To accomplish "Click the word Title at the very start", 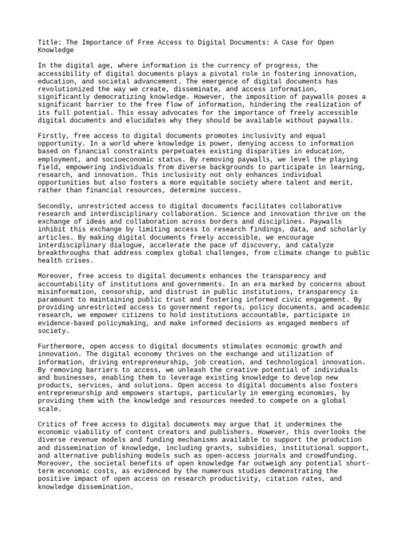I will [x=48, y=42].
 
